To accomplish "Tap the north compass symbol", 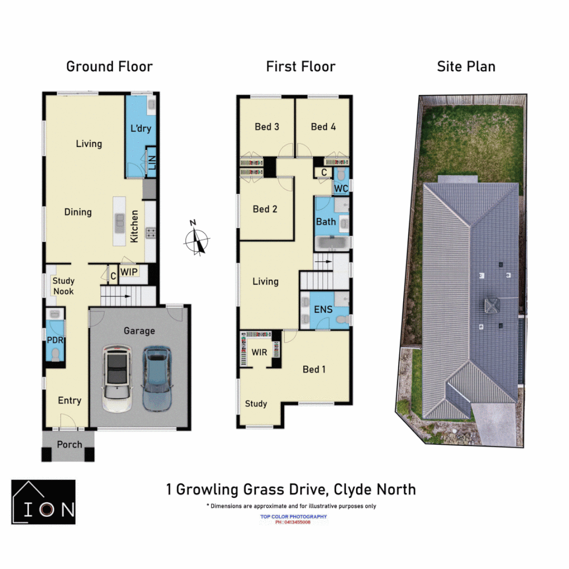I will click(197, 241).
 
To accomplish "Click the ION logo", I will click(44, 502).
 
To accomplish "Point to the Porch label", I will click(70, 445).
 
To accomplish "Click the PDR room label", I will click(55, 340).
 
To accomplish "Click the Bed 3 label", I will click(267, 126).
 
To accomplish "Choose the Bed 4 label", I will click(323, 126).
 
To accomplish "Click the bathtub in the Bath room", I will click(332, 243).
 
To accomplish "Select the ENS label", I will click(323, 309).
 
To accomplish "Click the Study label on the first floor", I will click(256, 404).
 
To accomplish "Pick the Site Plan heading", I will click(466, 67).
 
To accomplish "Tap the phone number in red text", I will click(293, 522).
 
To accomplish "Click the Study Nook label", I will click(63, 286).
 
